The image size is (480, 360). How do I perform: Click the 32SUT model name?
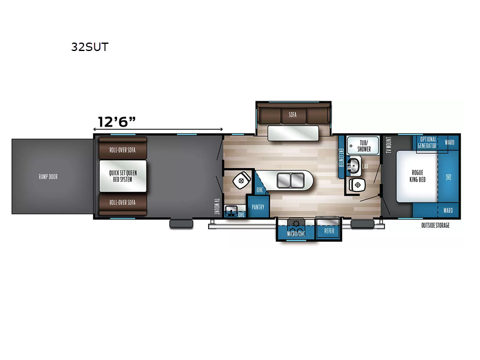click(x=89, y=47)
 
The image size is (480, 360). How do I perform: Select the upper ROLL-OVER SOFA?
click(x=122, y=150)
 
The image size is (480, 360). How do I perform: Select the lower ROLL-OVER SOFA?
click(x=122, y=203)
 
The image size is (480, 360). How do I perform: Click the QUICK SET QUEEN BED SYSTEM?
click(x=122, y=176)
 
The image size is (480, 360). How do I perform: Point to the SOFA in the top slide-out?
click(x=292, y=114)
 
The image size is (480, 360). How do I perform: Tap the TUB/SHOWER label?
click(x=364, y=146)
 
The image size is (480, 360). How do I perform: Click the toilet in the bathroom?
click(x=358, y=185)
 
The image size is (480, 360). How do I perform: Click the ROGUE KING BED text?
click(x=418, y=176)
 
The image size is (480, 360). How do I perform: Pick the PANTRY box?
click(x=259, y=206)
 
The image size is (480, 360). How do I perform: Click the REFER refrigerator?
click(x=329, y=230)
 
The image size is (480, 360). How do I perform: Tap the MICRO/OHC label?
click(x=296, y=233)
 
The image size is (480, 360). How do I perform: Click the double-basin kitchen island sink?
click(x=290, y=179)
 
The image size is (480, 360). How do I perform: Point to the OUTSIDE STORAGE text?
click(x=435, y=226)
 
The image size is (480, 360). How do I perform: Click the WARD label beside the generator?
click(x=449, y=143)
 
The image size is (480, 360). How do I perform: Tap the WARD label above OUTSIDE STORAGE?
click(x=448, y=211)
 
